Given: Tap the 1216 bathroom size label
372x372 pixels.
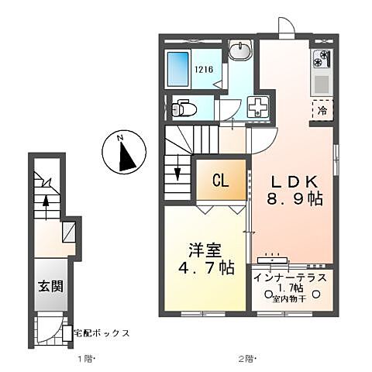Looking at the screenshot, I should click(202, 69).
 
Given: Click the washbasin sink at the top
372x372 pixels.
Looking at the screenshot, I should click(239, 51).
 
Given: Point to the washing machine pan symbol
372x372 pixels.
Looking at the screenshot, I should click(257, 107).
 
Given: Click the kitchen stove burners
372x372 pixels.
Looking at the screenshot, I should click(322, 58).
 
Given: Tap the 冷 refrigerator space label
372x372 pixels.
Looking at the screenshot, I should click(322, 111).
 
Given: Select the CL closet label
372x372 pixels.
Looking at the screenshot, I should click(221, 182).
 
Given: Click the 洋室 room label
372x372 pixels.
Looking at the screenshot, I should click(205, 251).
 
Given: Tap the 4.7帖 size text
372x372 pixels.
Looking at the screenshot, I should click(206, 269).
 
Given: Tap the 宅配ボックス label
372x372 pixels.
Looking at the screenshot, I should click(101, 334).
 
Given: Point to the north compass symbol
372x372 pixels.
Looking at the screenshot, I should click(123, 152).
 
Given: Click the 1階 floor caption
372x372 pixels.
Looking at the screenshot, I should click(85, 359).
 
